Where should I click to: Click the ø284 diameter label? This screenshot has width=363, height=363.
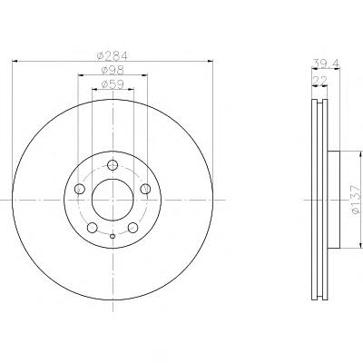(113, 55)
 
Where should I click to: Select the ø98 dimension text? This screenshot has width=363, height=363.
(113, 70)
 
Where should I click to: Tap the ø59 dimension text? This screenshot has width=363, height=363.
(113, 84)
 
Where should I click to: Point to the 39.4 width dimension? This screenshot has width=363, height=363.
(326, 64)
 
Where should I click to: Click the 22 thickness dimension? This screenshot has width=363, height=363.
(319, 81)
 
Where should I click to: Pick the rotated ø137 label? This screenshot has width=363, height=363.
(357, 200)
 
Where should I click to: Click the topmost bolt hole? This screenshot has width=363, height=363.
(113, 165)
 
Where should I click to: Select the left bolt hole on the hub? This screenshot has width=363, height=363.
(80, 189)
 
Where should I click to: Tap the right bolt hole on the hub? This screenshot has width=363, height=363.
(145, 189)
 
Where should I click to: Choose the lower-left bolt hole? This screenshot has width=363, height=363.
(92, 228)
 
